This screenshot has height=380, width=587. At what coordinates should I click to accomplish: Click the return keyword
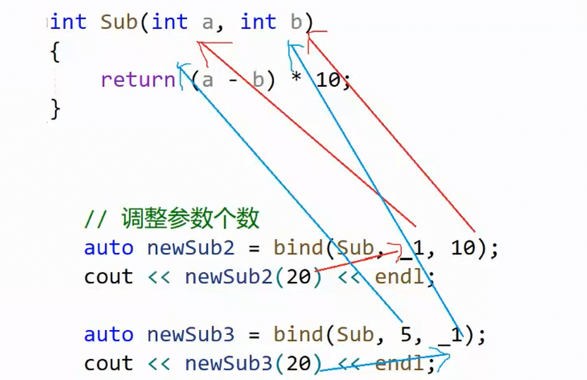[x=138, y=79]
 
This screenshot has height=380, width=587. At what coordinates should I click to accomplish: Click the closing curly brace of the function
[x=55, y=109]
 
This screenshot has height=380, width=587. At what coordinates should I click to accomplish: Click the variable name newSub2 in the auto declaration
[x=191, y=248]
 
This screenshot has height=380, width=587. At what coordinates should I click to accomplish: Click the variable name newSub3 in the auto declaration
[x=191, y=334]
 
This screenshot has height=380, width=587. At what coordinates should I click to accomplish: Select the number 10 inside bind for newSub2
[x=463, y=248]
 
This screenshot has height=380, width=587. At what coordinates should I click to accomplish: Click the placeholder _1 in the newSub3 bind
[x=451, y=335]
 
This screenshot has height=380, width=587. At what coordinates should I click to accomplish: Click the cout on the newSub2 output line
[x=109, y=277]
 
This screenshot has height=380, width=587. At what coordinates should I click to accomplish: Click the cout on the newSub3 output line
[x=109, y=363]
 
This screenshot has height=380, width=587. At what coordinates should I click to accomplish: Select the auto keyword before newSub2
[x=109, y=248]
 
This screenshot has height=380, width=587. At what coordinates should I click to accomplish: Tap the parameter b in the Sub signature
[x=296, y=22]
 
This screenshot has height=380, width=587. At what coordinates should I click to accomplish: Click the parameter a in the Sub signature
[x=208, y=22]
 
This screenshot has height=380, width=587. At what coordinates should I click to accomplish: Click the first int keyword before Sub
[x=69, y=22]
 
